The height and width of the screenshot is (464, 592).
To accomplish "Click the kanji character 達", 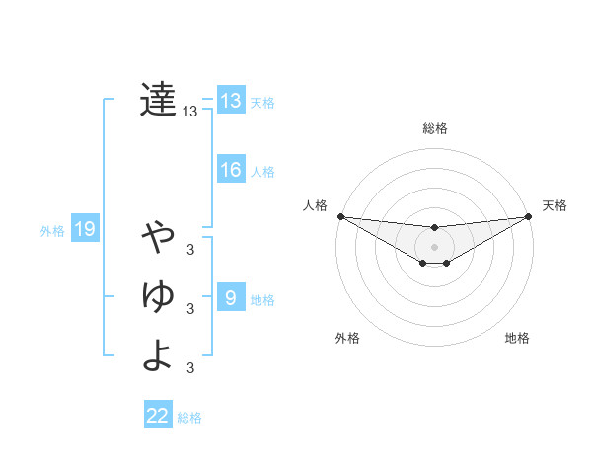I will pos(158,100).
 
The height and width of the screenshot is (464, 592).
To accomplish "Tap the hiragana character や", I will pos(158,238).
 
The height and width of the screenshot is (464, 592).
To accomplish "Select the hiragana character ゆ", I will pos(158,295).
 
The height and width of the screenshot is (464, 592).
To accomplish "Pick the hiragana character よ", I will pos(158,354).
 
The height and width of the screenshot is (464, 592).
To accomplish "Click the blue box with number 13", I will pos(231,101).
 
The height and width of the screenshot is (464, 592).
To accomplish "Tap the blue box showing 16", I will pos(231,170).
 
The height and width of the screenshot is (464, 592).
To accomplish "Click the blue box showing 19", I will pos(85,230).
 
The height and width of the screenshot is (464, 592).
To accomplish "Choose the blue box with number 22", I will pos(158,416).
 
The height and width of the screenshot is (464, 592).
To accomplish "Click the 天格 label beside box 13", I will pos(262,103).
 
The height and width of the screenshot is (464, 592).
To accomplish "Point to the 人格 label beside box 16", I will pos(262,172).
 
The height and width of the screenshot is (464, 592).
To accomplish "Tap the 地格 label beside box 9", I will pos(262,299).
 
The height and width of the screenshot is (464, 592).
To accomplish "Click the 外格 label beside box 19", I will pos(52,232).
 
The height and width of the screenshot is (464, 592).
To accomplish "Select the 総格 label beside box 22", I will pos(189,418).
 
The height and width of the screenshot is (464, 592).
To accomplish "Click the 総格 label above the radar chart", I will pos(435,128).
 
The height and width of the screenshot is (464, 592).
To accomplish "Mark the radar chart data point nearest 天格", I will pos(528,216).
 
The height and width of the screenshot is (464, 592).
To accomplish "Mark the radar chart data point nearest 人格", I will pos(340,215).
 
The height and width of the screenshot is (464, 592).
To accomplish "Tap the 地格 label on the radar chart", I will pos(517,338).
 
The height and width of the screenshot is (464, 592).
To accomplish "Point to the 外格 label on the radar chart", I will pos(347,338).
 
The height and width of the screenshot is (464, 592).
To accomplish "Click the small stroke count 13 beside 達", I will pos(189,113).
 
